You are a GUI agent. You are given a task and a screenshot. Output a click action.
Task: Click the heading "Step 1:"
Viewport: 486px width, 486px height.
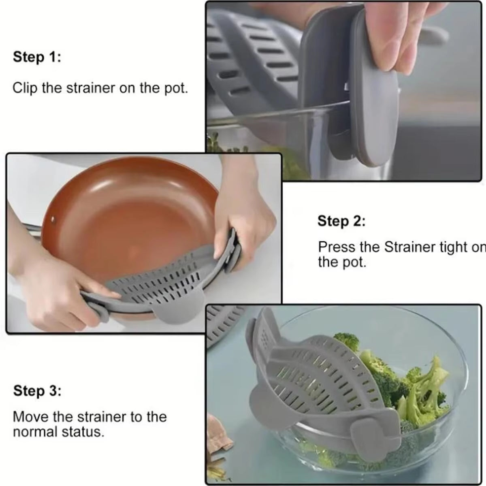pos(37,57)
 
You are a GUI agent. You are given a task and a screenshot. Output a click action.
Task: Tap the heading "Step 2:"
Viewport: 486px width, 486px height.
pos(341,221)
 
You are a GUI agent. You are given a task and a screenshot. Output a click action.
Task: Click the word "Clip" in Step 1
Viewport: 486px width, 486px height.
pos(25,88)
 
